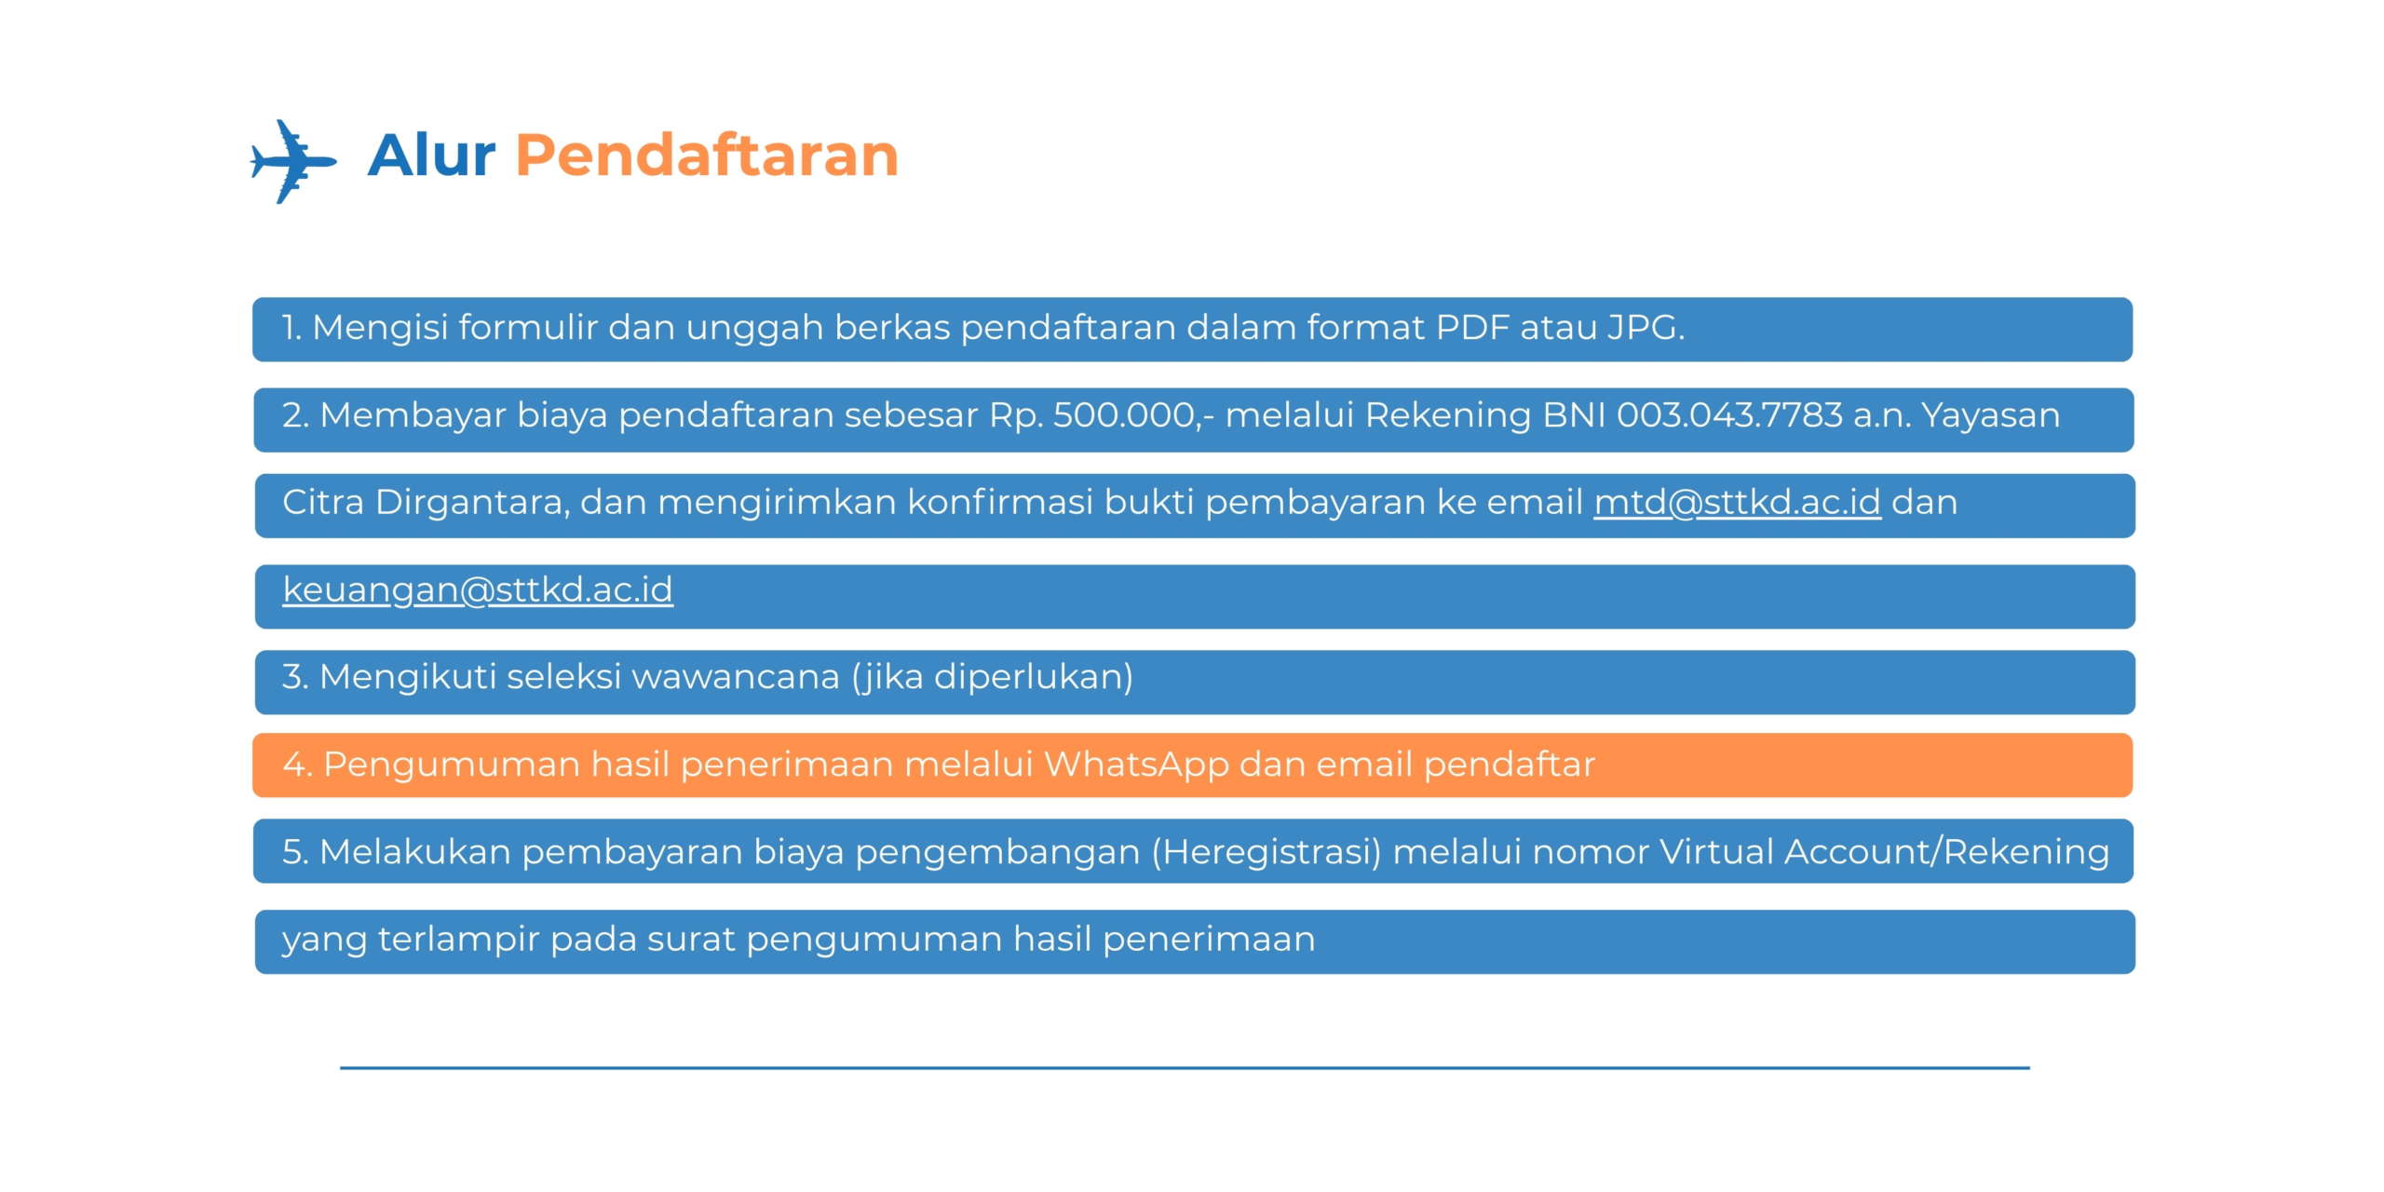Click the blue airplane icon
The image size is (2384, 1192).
pos(292,161)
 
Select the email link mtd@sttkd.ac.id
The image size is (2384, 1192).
pos(1737,502)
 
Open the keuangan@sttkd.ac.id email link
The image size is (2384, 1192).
pos(478,589)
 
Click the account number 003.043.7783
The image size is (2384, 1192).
pos(1729,414)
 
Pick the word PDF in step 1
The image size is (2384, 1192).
pos(1472,328)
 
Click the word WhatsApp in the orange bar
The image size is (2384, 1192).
pos(1136,765)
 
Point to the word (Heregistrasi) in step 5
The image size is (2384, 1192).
pos(1266,852)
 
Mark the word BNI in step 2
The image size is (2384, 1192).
pos(1575,414)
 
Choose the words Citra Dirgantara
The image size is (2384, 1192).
pos(424,503)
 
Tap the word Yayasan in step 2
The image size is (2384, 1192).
pos(1991,415)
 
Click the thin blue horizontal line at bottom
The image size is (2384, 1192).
pos(1185,1067)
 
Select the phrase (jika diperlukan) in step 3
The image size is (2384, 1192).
pos(992,677)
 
